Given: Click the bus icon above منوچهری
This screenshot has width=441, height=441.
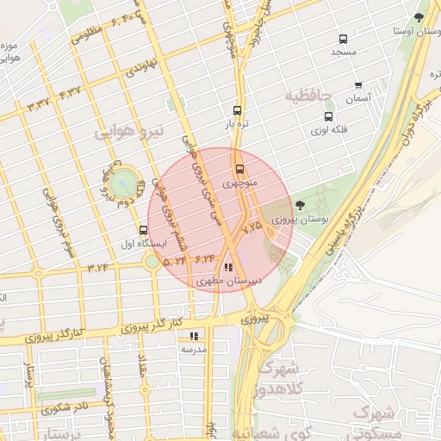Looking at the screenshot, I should (239, 169).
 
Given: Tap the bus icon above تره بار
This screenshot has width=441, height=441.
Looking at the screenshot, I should (237, 110).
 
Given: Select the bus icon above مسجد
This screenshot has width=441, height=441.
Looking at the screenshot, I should (343, 39).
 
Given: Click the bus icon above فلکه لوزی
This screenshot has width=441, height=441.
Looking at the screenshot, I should (328, 116).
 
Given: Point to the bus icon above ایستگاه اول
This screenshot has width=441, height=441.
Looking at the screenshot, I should (143, 230).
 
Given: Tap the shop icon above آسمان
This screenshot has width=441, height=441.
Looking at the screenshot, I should (358, 85).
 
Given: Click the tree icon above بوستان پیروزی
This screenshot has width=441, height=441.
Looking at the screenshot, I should (299, 205).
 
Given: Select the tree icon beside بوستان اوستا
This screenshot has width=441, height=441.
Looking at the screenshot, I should (419, 16).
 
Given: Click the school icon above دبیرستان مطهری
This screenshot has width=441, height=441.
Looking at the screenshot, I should (227, 268).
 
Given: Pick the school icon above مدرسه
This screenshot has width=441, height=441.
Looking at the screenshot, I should (194, 336).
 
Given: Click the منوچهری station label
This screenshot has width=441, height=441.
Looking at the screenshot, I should (239, 183).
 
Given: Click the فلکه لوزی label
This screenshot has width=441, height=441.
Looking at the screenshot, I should (327, 131).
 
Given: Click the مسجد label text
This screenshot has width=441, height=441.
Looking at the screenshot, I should (344, 53).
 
